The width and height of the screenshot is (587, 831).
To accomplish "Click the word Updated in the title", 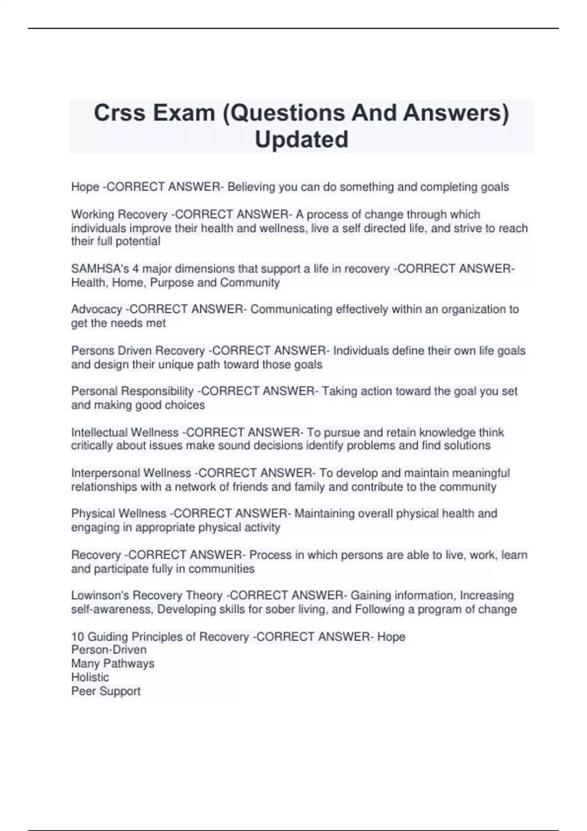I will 301,139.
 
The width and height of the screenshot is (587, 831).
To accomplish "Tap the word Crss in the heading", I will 119,113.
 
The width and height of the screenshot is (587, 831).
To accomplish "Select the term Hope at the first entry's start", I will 85,187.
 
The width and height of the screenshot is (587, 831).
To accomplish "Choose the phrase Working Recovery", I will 119,215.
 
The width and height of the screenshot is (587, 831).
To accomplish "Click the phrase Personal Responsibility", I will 132,391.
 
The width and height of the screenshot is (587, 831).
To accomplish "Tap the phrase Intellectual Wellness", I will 125,433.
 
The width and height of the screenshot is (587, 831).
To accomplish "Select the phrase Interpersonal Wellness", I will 131,473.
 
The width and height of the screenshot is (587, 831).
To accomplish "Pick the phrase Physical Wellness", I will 118,514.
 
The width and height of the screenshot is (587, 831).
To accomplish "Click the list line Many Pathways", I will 113,663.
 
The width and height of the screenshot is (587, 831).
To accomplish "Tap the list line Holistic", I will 90,677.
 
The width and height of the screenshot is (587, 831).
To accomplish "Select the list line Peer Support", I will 106,691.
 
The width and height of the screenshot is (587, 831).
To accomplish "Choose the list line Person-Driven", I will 109,650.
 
